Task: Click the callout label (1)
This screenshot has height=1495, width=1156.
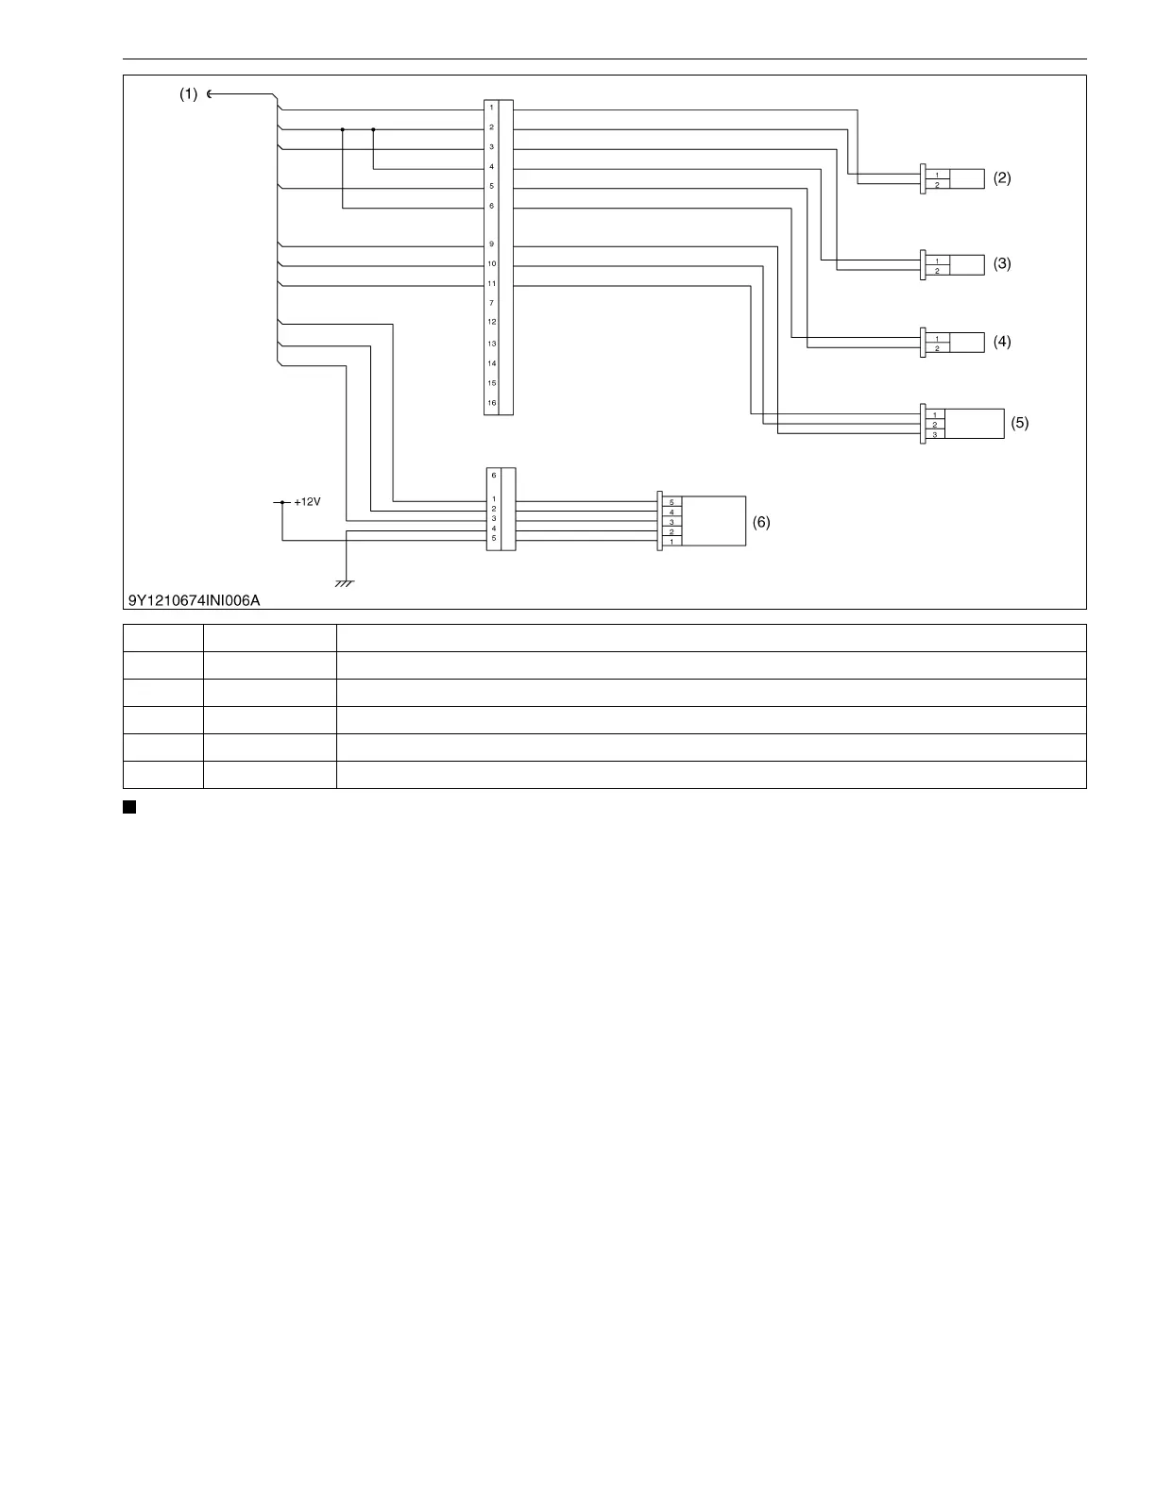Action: coord(189,94)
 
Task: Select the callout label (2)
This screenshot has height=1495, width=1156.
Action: coord(1002,177)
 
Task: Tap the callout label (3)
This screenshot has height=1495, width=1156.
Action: coord(1002,263)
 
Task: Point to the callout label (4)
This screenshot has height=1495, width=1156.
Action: coord(1002,342)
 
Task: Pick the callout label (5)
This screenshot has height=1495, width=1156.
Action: coord(1019,423)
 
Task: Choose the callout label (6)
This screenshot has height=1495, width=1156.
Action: coord(761,522)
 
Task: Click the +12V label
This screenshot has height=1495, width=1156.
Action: coord(307,502)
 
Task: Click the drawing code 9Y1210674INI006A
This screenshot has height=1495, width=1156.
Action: coord(195,599)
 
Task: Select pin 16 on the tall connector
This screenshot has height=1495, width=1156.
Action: coord(491,403)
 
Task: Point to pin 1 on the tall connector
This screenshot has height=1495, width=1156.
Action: coord(491,108)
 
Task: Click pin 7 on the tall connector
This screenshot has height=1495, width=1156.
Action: coord(491,303)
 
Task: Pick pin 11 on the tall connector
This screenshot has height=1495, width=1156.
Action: coord(491,283)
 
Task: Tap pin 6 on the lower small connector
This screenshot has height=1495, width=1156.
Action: coord(494,476)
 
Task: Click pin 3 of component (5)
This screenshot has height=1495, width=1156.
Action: coord(934,434)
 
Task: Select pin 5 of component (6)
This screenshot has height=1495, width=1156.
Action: coord(671,502)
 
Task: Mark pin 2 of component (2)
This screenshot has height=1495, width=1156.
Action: coord(937,185)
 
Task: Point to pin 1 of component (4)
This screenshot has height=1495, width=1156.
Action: coord(937,338)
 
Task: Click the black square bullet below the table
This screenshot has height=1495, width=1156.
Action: coord(129,807)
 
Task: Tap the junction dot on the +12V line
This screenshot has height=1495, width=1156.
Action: coord(282,502)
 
